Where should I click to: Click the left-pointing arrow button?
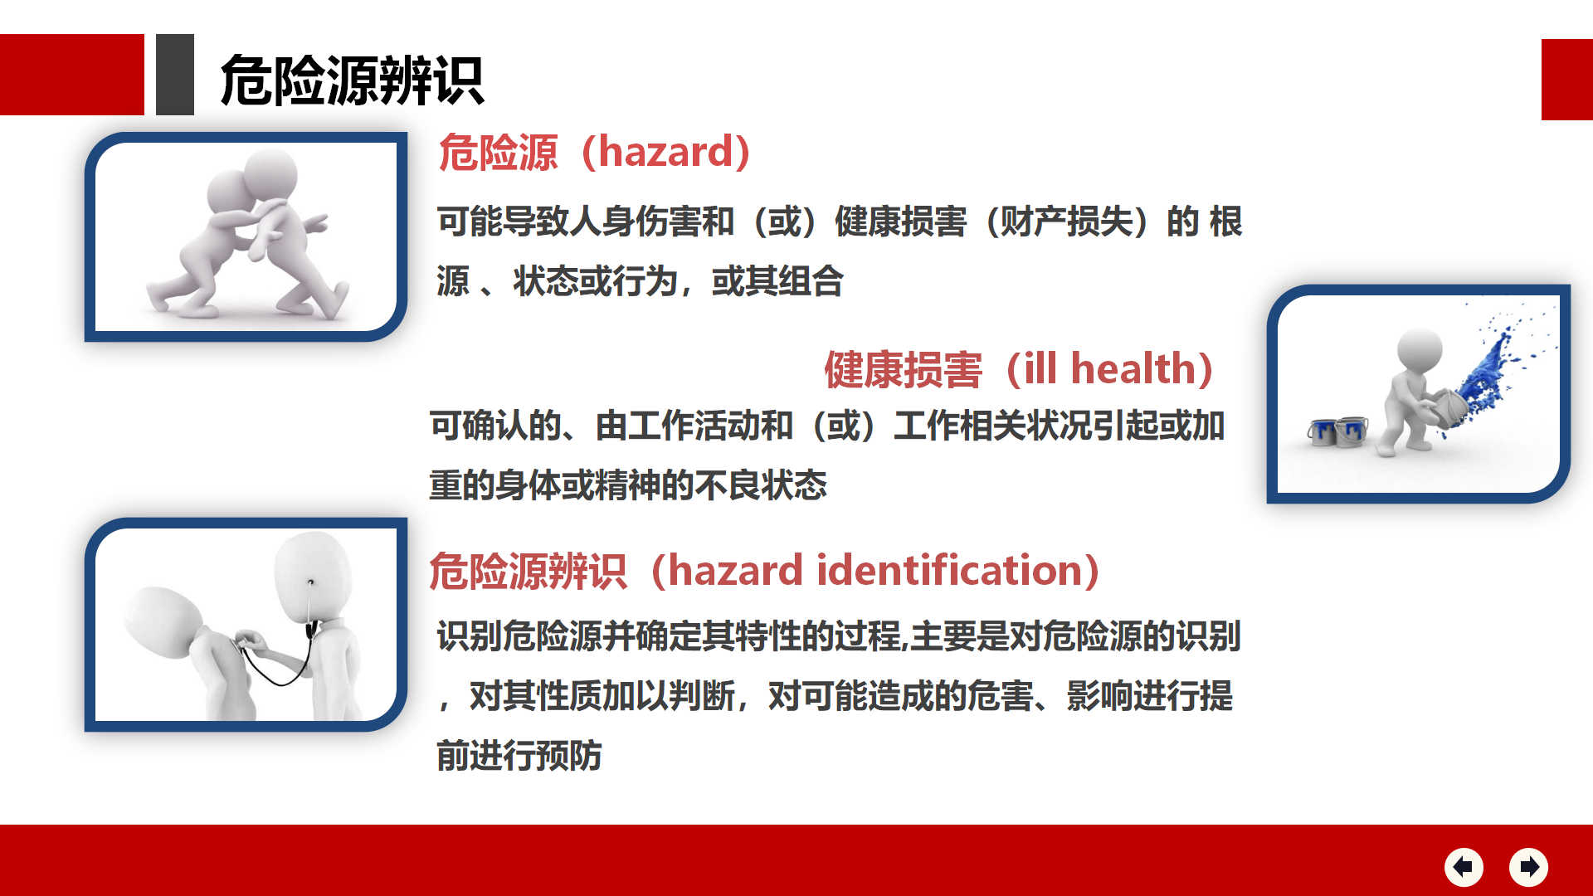click(1464, 867)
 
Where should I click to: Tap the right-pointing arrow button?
click(1528, 867)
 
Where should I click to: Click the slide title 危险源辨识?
click(351, 80)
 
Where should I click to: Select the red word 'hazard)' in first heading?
click(674, 152)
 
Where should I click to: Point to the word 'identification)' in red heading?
click(958, 571)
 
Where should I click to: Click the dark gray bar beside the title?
click(175, 75)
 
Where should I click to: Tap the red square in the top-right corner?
click(1567, 80)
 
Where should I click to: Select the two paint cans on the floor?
click(1337, 431)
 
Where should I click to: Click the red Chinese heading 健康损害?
click(903, 370)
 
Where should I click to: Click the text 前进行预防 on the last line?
click(519, 756)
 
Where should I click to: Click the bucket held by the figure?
click(1445, 408)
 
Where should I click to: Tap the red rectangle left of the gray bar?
click(72, 75)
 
